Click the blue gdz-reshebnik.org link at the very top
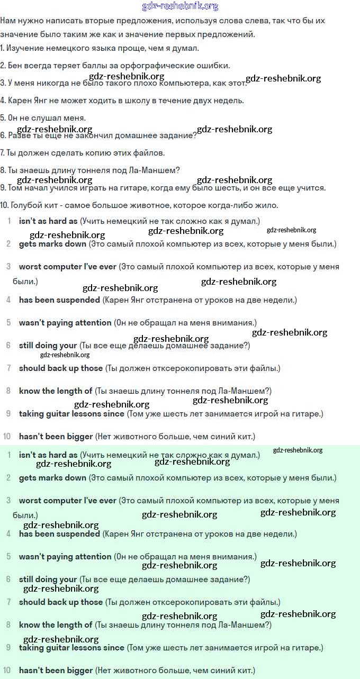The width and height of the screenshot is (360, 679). (x=180, y=6)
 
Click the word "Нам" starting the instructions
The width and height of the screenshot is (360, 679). (x=8, y=21)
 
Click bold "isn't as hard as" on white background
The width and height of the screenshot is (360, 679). (x=48, y=221)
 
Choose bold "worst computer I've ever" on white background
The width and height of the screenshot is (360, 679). (x=67, y=267)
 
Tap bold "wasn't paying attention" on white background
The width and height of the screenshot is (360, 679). (x=65, y=322)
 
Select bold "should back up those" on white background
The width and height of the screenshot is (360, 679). (x=61, y=368)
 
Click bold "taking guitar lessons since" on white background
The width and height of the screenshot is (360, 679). (x=71, y=413)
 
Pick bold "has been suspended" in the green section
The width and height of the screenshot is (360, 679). (x=59, y=534)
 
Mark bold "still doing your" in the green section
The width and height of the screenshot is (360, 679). (x=48, y=580)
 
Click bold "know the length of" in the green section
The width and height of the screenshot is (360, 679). (x=56, y=625)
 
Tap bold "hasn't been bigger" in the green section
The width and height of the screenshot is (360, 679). (x=56, y=671)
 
